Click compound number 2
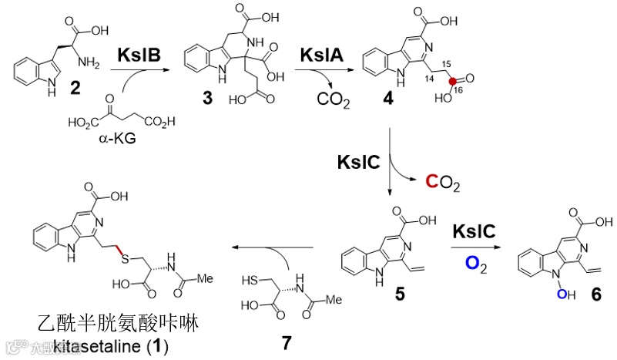(75, 89)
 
